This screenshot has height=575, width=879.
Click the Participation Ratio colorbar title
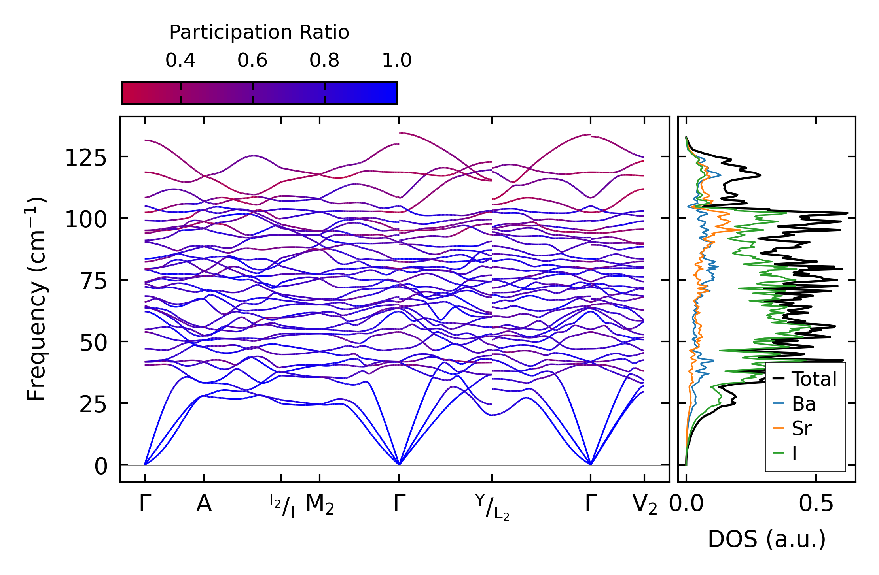[259, 32]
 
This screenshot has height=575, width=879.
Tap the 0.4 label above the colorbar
[180, 60]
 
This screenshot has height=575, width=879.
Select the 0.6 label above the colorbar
[252, 60]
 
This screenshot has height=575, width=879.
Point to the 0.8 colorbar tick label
[324, 60]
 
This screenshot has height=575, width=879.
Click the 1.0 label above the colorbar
[397, 60]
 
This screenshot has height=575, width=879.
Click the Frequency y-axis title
[37, 299]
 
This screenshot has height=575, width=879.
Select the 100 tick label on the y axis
[86, 219]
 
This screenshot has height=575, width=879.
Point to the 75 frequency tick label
[93, 281]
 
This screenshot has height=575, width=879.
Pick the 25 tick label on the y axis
[93, 405]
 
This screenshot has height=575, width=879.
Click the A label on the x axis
[204, 504]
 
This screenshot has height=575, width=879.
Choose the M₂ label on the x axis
[320, 505]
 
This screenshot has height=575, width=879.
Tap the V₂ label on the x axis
[645, 505]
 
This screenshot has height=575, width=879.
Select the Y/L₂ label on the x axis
[492, 507]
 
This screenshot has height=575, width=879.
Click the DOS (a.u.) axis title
[767, 539]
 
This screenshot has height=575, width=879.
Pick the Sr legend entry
[801, 428]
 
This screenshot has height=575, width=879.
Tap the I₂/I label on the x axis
[282, 506]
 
